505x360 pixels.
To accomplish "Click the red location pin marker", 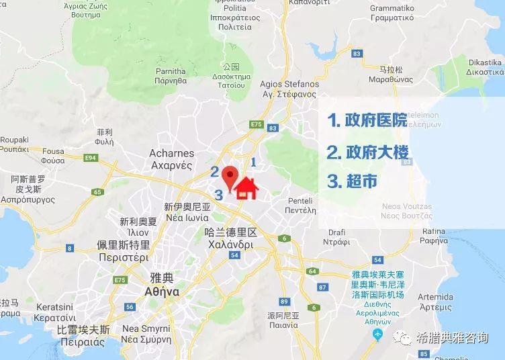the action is (230, 177).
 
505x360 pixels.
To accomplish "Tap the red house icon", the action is (246, 189).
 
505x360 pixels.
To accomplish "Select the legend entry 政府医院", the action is (367, 120).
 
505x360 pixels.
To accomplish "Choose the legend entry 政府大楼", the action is (367, 151).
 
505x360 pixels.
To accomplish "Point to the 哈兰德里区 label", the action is (230, 232).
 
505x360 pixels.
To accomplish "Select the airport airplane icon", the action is (377, 334).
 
